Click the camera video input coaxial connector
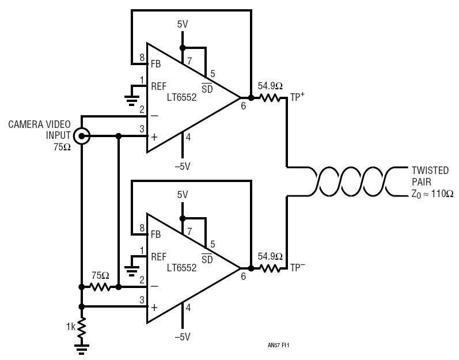click(x=81, y=136)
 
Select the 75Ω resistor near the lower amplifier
click(x=100, y=287)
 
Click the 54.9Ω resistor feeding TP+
click(x=270, y=98)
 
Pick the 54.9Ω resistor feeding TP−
click(x=270, y=268)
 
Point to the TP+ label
click(x=297, y=97)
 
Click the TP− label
click(x=297, y=267)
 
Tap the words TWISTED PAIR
click(x=430, y=176)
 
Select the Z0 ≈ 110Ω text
click(x=433, y=194)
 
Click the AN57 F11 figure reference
click(x=278, y=346)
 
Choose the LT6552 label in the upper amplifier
click(x=182, y=97)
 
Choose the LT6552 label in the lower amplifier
click(x=182, y=268)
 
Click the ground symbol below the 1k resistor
click(x=82, y=349)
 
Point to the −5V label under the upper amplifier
click(x=183, y=166)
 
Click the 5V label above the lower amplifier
click(x=183, y=195)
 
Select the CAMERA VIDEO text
click(x=39, y=124)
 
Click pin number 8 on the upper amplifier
click(x=142, y=58)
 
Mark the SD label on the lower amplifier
click(x=207, y=259)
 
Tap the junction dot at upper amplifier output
click(x=251, y=98)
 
